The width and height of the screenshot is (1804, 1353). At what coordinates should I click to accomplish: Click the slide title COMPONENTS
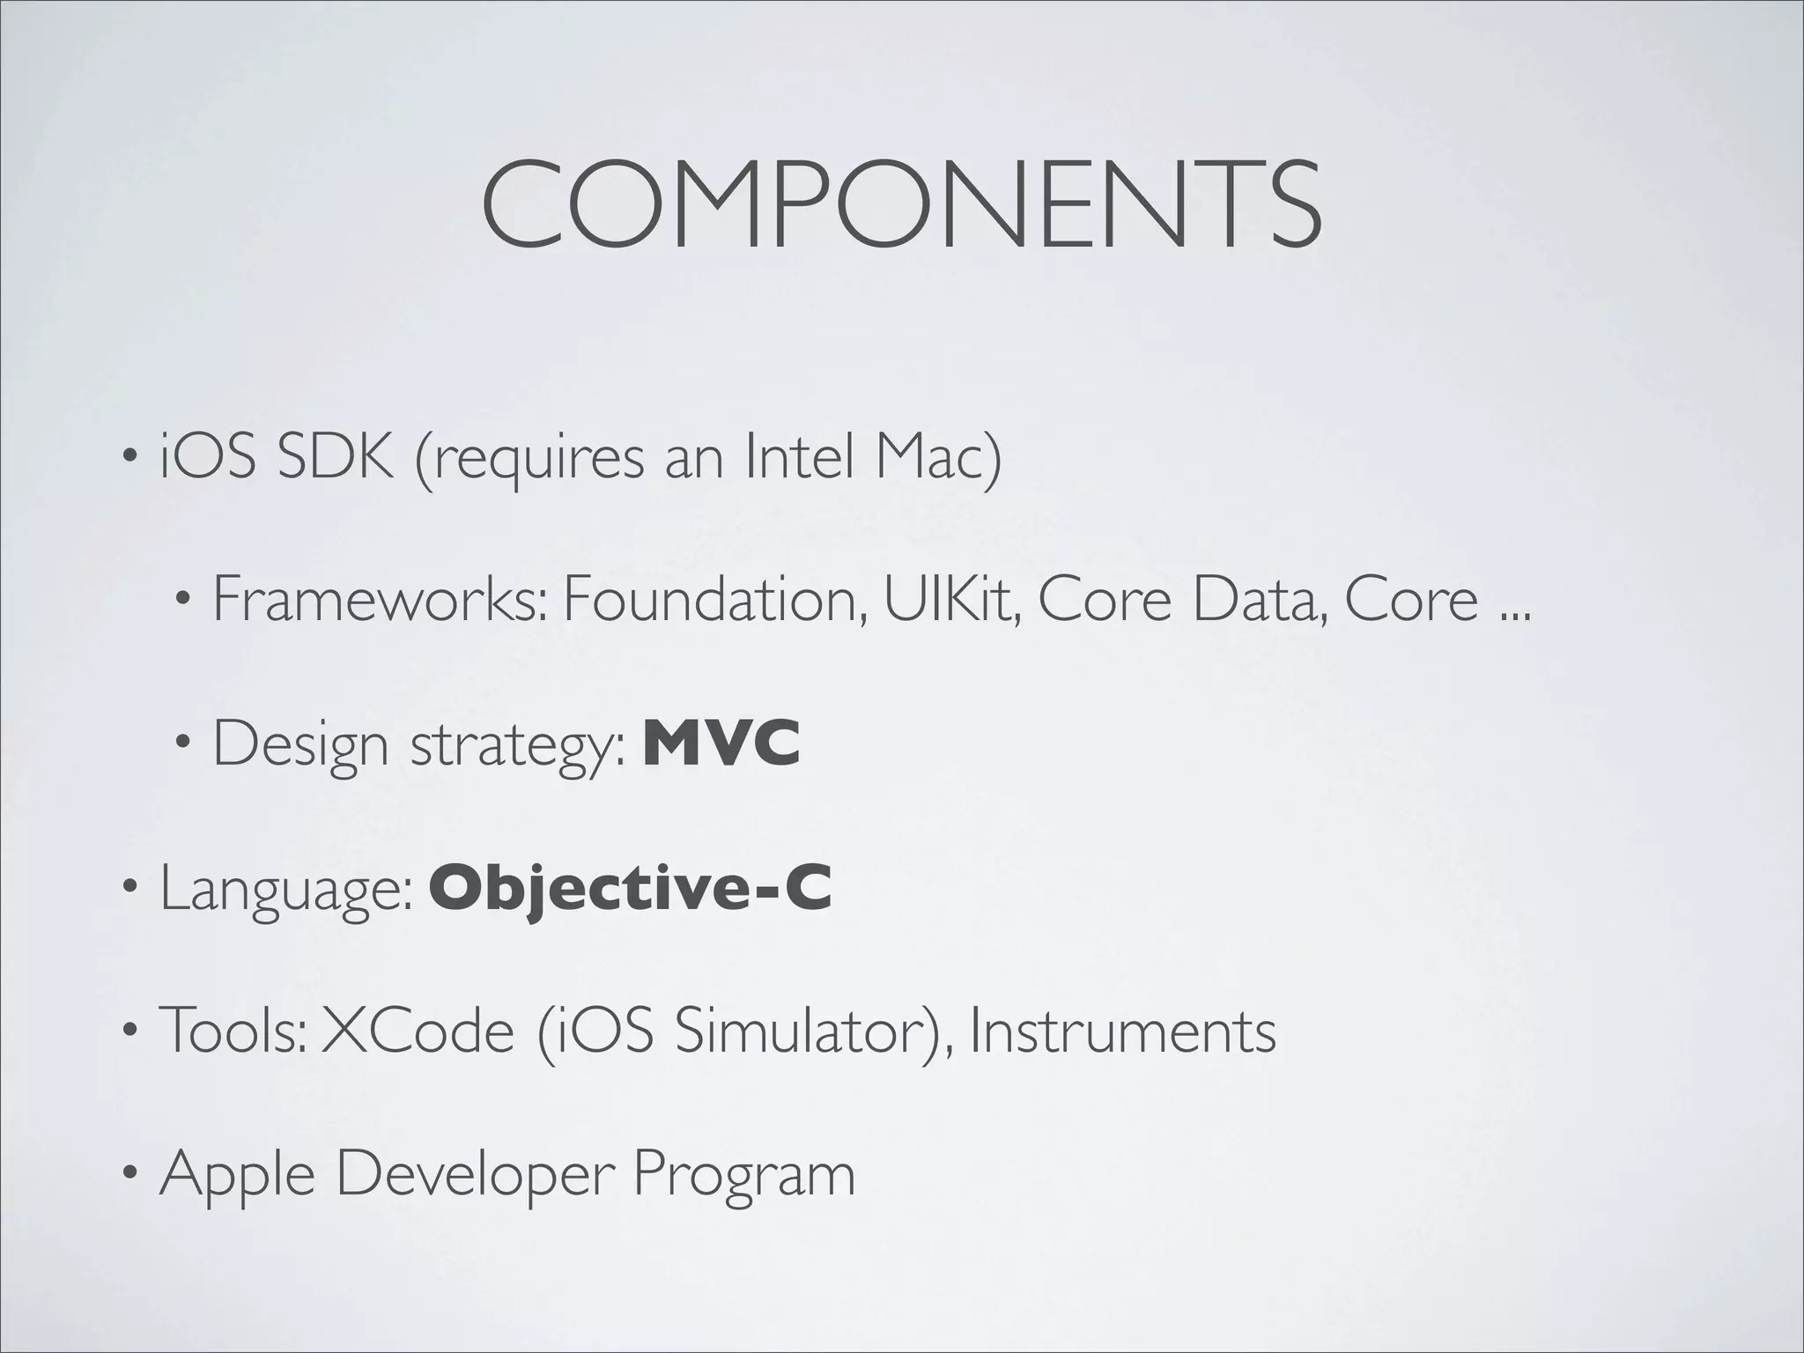(900, 204)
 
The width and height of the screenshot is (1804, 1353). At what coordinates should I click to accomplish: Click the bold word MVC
(721, 744)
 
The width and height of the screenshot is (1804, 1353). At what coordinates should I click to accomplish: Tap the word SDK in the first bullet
(335, 458)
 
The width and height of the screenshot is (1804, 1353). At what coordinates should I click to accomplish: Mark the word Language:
(285, 890)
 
